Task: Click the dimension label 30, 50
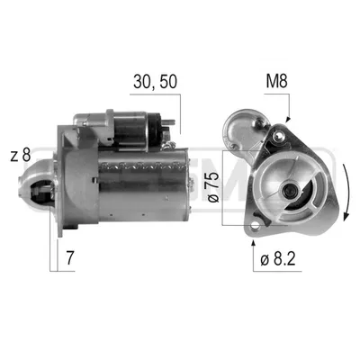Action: click(x=155, y=82)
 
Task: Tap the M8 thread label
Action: click(x=276, y=81)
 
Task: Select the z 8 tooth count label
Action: click(x=21, y=156)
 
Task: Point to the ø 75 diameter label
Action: click(x=214, y=188)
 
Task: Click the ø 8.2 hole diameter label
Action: click(x=278, y=259)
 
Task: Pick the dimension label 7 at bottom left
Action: click(x=69, y=257)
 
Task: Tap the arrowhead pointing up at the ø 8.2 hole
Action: click(x=254, y=243)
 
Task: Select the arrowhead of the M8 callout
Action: click(x=288, y=119)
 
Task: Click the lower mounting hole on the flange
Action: click(x=256, y=225)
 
